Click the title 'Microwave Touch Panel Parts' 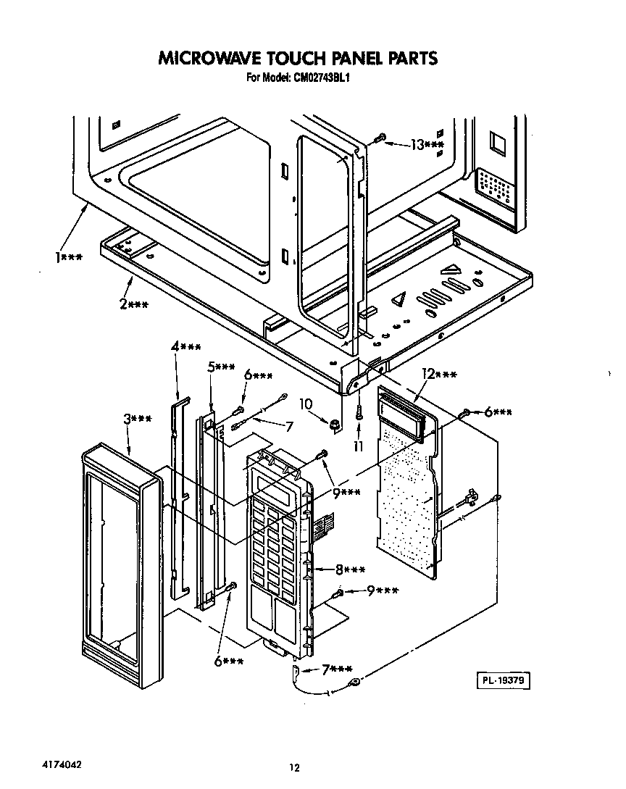click(x=298, y=57)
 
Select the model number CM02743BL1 click(x=298, y=78)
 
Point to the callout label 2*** click(x=134, y=304)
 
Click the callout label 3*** click(x=137, y=419)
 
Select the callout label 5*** click(x=221, y=367)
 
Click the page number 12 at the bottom click(x=293, y=768)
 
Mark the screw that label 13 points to click(x=378, y=138)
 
